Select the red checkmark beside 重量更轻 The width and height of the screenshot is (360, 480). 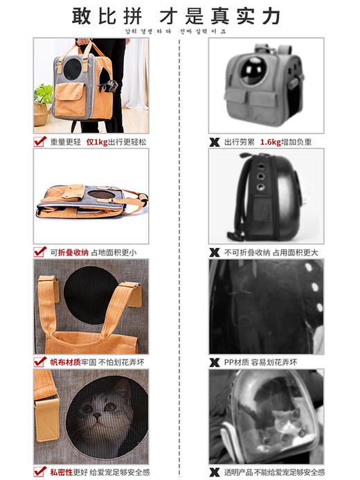pos(40,141)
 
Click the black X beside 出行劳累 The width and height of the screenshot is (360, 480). pos(215,142)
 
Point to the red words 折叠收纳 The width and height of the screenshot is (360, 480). pos(72,252)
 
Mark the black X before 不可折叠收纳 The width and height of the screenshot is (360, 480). pos(215,252)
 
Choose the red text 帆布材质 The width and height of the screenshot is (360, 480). pos(66,362)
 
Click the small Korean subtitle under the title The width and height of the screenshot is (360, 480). pos(179,30)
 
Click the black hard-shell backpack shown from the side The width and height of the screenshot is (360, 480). pos(265,197)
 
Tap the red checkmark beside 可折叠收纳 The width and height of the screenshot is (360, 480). pos(40,252)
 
